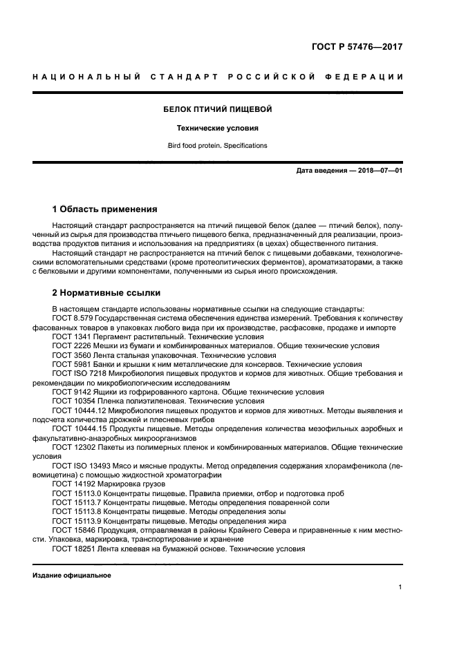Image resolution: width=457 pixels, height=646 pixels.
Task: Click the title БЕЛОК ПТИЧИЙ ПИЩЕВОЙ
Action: [217, 109]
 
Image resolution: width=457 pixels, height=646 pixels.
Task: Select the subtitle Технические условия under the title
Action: [217, 128]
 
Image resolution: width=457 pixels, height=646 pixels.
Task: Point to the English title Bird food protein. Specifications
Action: [217, 146]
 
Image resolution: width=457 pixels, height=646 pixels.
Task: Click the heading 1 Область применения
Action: [105, 209]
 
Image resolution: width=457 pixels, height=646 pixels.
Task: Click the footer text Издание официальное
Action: [72, 575]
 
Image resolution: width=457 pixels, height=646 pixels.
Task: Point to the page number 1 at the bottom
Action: [400, 587]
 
